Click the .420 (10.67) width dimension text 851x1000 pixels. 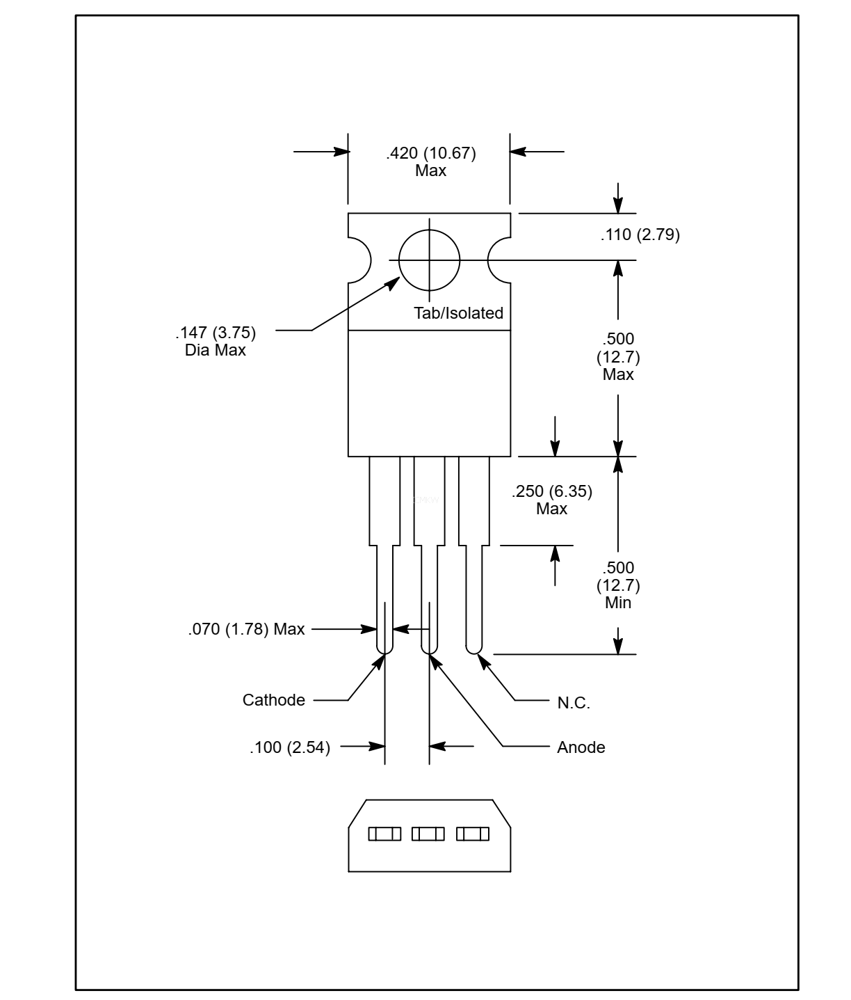pyautogui.click(x=430, y=153)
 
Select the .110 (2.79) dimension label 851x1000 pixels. pyautogui.click(x=640, y=235)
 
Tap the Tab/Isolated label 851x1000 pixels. pyautogui.click(x=458, y=313)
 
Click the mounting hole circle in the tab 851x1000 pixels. pyautogui.click(x=430, y=260)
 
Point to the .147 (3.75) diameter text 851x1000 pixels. pyautogui.click(x=216, y=332)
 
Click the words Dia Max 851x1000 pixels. pyautogui.click(x=216, y=350)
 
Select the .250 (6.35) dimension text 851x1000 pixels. pyautogui.click(x=551, y=491)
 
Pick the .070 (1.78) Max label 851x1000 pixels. pyautogui.click(x=246, y=629)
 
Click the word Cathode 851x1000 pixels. pyautogui.click(x=273, y=700)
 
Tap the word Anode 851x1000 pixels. pyautogui.click(x=581, y=747)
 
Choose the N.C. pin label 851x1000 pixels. pyautogui.click(x=574, y=703)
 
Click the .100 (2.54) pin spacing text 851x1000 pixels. pyautogui.click(x=290, y=747)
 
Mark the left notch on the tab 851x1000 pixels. pyautogui.click(x=360, y=260)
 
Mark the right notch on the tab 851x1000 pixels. pyautogui.click(x=499, y=260)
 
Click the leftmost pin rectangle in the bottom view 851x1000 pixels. pyautogui.click(x=384, y=834)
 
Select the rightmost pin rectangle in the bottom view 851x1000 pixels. pyautogui.click(x=473, y=834)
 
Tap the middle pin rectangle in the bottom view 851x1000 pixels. pyautogui.click(x=428, y=834)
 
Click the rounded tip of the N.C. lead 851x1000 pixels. pyautogui.click(x=473, y=649)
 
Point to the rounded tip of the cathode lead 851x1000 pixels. pyautogui.click(x=384, y=649)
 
